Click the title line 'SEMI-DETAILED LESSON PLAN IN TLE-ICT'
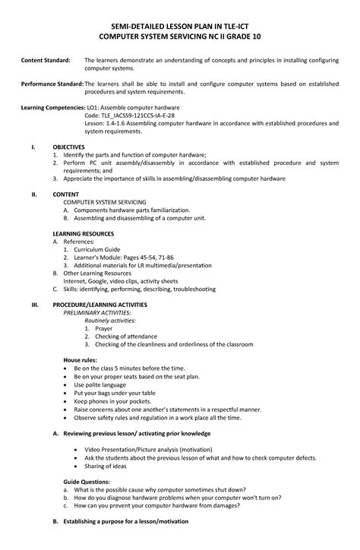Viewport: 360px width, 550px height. tap(179, 26)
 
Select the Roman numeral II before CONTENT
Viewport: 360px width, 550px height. tap(33, 194)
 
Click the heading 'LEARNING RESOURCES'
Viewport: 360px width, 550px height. tap(83, 233)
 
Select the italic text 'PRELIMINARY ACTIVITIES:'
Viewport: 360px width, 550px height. tap(96, 312)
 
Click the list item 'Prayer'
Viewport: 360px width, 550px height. tap(104, 328)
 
